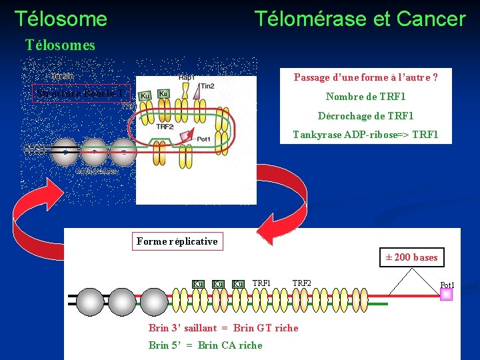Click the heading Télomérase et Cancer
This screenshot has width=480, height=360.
point(359,19)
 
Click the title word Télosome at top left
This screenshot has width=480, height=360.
point(61,19)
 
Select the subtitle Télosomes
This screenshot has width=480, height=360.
point(60,45)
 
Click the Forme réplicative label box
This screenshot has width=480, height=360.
point(177,241)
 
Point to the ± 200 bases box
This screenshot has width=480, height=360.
point(411,257)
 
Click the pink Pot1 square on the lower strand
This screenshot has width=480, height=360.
point(446,294)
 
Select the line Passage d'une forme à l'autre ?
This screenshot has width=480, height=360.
point(365,77)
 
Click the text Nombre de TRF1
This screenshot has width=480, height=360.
point(365,97)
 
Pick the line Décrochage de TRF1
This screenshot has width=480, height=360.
point(365,115)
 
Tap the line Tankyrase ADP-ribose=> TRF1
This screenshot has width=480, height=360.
point(365,134)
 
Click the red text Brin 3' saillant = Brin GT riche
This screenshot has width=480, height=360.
point(223,328)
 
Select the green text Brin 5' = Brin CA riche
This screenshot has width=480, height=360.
point(205,345)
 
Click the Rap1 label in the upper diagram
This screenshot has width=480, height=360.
point(187,77)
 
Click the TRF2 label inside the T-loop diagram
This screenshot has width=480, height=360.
point(165,126)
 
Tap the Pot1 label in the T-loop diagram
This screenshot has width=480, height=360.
point(204,139)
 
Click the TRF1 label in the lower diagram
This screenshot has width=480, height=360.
point(261,283)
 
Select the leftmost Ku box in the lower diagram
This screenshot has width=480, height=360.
point(198,285)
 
